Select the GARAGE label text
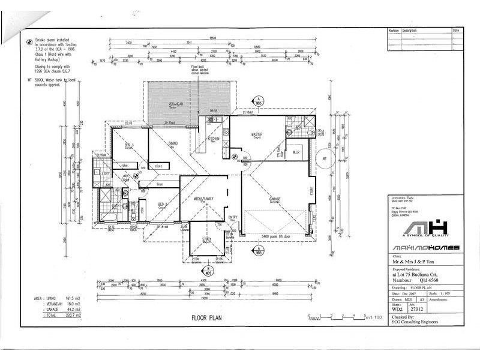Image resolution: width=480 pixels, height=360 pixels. tap(275, 198)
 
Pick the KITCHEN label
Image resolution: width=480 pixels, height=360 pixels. tap(214, 138)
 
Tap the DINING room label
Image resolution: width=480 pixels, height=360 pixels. tap(173, 143)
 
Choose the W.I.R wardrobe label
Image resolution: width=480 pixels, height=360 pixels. tap(296, 152)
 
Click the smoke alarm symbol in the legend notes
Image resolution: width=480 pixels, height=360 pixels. tap(29, 42)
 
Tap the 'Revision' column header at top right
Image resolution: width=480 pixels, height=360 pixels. tap(394, 30)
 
